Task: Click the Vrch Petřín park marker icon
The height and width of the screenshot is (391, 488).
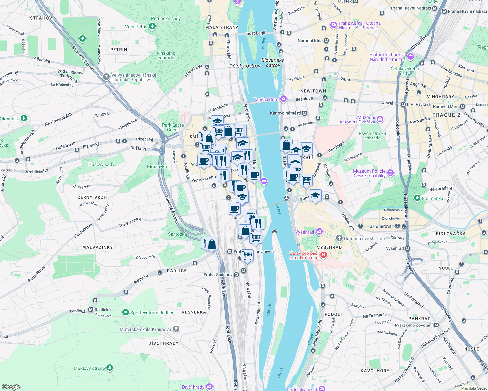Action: [x=152, y=26]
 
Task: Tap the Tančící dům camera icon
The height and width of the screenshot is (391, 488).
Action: [x=283, y=99]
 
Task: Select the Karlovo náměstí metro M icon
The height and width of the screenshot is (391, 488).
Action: [x=304, y=113]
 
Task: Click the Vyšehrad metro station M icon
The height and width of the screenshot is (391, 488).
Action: [x=407, y=248]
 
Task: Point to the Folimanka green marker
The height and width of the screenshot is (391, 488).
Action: [x=417, y=198]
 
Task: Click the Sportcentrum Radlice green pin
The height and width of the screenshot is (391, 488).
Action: [x=125, y=313]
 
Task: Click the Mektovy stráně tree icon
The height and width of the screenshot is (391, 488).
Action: [x=110, y=368]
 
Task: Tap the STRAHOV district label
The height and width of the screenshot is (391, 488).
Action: [x=41, y=18]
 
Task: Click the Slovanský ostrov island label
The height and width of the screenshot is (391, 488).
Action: [x=273, y=63]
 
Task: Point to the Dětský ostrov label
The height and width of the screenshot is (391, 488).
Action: [x=245, y=66]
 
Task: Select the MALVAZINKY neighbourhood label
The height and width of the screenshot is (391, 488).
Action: [x=98, y=247]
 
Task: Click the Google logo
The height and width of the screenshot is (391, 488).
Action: [x=11, y=387]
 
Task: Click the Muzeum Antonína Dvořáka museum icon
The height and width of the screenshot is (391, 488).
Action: [x=380, y=120]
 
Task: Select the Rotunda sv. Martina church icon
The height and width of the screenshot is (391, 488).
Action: [x=339, y=239]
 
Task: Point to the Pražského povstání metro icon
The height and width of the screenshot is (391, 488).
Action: [x=436, y=325]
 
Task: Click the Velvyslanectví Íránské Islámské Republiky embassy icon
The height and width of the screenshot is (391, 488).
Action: [x=106, y=77]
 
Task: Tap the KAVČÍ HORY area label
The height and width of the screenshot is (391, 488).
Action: [x=375, y=371]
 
